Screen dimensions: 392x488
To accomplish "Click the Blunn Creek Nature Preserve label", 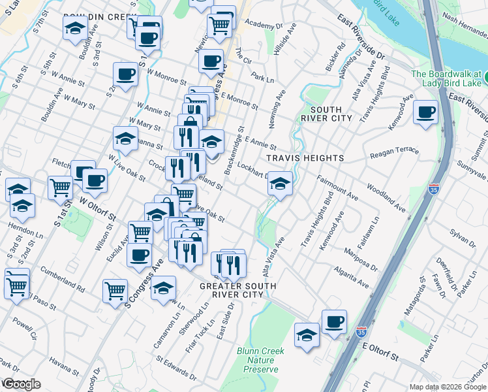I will click(x=257, y=360).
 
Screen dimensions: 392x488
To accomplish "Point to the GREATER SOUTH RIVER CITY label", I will click(x=237, y=290).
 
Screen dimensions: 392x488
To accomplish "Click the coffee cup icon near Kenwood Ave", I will click(x=426, y=112).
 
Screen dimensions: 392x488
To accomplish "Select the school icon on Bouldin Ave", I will click(x=76, y=29).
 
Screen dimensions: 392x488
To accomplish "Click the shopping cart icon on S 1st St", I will click(x=60, y=188).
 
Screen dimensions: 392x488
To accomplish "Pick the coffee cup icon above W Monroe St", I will click(x=125, y=74).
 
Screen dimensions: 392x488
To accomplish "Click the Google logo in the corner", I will click(x=21, y=384).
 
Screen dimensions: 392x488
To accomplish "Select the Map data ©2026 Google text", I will click(x=448, y=387).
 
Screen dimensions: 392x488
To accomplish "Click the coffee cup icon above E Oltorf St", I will click(x=334, y=322).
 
